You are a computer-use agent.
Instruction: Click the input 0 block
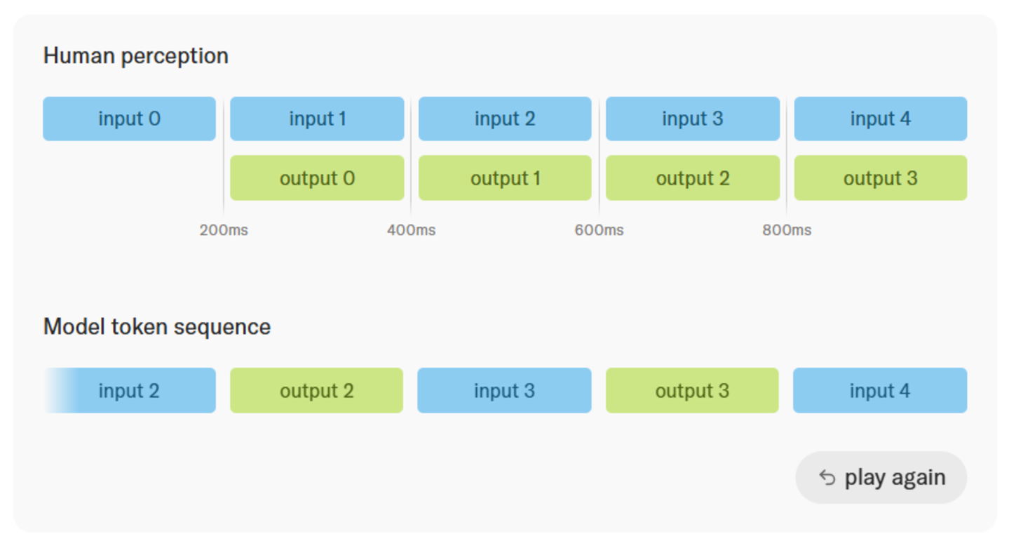coord(129,119)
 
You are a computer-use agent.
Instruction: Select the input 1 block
coord(317,119)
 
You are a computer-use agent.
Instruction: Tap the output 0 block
coord(317,178)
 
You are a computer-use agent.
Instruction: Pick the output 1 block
coord(505,178)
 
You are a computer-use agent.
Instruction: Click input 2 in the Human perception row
coord(505,119)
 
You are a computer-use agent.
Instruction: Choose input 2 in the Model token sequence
coord(129,390)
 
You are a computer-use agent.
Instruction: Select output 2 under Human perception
coord(693,178)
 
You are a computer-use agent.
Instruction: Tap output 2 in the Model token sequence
coord(317,390)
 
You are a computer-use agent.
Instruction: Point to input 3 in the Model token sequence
coord(505,390)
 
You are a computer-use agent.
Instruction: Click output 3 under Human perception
coord(881,178)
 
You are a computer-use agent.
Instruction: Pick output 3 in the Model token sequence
coord(692,390)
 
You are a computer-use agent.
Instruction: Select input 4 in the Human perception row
coord(881,119)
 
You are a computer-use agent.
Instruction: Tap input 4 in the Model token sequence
coord(880,390)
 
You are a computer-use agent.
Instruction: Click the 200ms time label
coord(224,230)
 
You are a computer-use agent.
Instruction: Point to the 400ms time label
coord(412,230)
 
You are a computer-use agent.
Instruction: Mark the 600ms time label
coord(599,230)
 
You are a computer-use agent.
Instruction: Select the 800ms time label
coord(787,230)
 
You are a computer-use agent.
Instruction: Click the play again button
coord(881,478)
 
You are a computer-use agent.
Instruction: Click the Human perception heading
coord(135,56)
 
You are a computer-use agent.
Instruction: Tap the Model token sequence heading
coord(157,327)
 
